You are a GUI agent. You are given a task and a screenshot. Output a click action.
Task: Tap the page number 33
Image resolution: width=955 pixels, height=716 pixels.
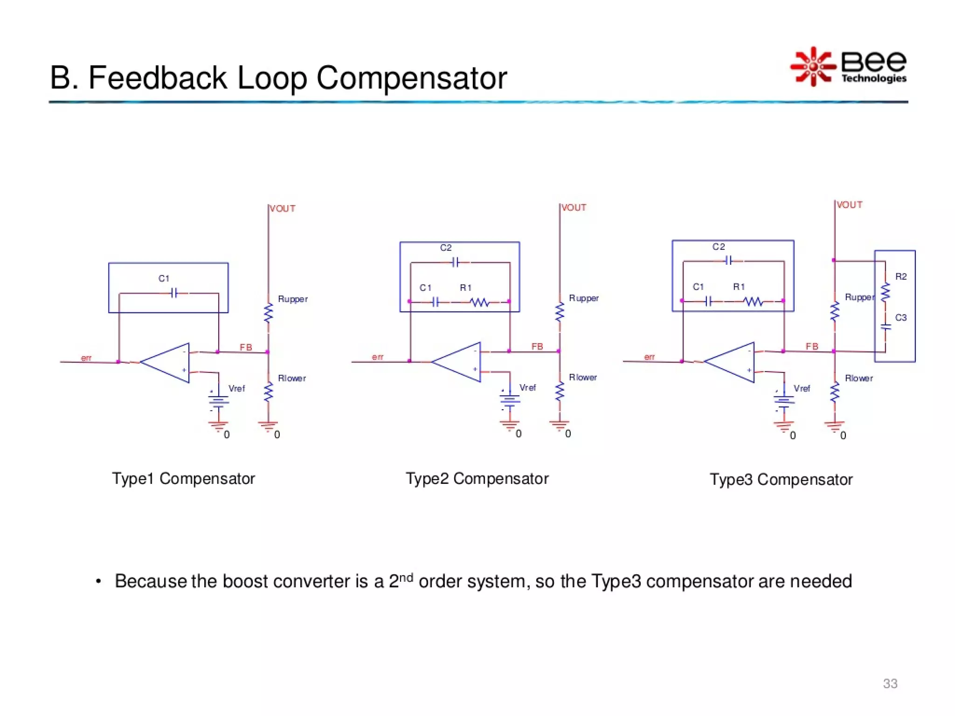tap(890, 683)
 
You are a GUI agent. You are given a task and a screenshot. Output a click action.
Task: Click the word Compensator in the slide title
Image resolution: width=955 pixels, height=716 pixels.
tap(411, 78)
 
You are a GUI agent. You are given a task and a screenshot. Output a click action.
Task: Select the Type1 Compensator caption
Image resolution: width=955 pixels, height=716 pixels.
tap(183, 479)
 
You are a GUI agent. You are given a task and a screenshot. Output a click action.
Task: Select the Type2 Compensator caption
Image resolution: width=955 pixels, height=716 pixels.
tap(477, 479)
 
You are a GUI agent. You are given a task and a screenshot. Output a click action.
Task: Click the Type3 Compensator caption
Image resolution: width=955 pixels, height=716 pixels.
tap(781, 480)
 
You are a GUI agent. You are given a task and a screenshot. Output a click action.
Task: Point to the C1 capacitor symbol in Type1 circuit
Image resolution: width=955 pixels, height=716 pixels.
tap(174, 293)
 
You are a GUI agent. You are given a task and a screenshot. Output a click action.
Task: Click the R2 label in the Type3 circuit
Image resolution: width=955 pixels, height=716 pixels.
tap(900, 277)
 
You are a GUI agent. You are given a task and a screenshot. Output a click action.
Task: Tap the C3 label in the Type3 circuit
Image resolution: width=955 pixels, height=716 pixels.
tap(900, 318)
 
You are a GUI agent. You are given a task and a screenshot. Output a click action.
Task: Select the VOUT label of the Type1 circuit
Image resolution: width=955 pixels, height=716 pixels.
tap(283, 208)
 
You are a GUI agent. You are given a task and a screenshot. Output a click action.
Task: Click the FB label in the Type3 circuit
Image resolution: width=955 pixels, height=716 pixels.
tap(812, 346)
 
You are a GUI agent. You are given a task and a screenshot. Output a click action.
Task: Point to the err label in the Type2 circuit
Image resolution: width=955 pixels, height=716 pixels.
tap(377, 357)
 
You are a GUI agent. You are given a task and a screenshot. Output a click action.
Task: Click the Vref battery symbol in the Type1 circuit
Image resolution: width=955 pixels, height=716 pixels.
tap(218, 401)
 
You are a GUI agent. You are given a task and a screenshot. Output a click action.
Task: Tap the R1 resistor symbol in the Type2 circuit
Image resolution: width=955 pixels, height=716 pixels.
tap(480, 302)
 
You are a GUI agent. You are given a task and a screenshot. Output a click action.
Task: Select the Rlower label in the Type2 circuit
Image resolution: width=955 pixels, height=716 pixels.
tap(582, 377)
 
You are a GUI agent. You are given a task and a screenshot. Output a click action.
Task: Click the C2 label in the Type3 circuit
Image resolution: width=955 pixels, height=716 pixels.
tap(718, 247)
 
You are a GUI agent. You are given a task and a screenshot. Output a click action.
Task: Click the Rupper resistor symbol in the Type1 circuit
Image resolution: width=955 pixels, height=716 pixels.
tap(268, 313)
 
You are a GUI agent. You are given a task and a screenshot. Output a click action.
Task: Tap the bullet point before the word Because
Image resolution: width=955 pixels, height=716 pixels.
tap(98, 582)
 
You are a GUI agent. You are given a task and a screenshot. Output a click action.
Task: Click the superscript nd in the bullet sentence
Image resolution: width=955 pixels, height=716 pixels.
tap(406, 577)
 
